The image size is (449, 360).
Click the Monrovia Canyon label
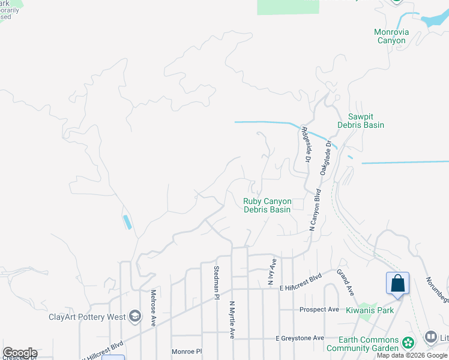pos(391,36)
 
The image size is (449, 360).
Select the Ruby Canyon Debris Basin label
pos(267,206)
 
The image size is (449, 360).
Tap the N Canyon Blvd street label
pos(314,210)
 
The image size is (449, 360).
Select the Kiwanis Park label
pos(370,310)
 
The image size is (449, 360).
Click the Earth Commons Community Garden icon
pos(408,343)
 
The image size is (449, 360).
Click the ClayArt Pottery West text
pos(87,317)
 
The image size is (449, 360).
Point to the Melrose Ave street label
pos(154,308)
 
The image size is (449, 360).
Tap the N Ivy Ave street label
pos(272,272)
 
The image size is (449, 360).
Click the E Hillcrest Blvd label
pos(301,287)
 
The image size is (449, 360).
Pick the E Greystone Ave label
pos(300,338)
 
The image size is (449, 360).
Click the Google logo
pos(20,353)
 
